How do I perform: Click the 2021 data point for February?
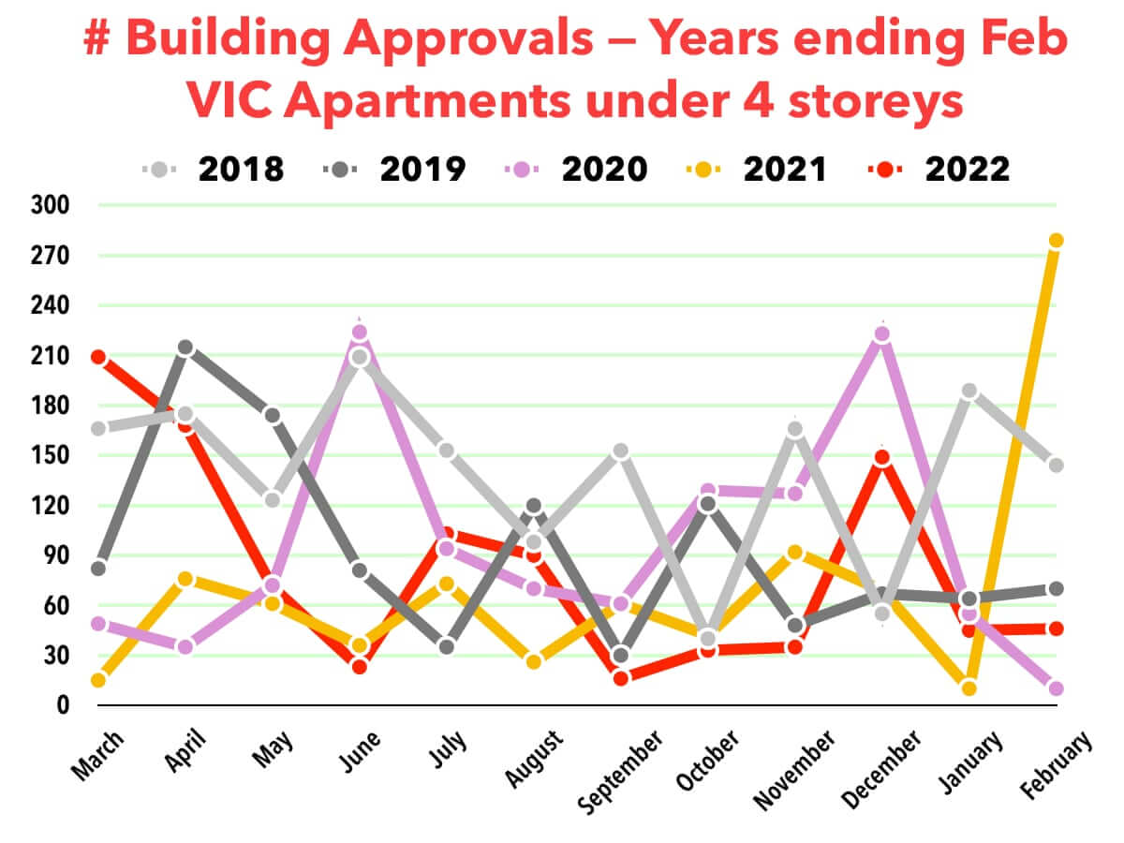point(1057,241)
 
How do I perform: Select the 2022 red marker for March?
point(98,357)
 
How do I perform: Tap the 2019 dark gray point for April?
point(185,348)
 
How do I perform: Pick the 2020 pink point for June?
point(359,333)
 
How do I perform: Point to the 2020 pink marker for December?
point(881,334)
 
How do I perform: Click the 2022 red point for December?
point(881,458)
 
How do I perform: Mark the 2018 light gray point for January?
point(969,392)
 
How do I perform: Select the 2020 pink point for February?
point(1057,688)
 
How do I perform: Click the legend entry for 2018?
point(214,170)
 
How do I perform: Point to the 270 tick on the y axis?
point(54,256)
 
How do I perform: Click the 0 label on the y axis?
point(64,705)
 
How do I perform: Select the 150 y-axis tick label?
point(54,456)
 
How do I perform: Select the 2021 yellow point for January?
point(969,688)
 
